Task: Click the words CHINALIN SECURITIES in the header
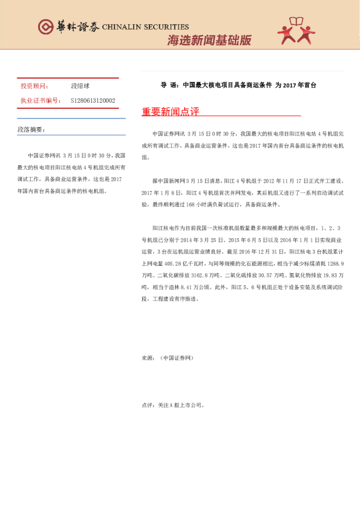145,27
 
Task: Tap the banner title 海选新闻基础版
209,41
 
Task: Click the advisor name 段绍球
80,86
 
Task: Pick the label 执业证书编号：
41,100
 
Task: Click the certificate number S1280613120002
93,100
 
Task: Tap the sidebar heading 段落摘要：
31,129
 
